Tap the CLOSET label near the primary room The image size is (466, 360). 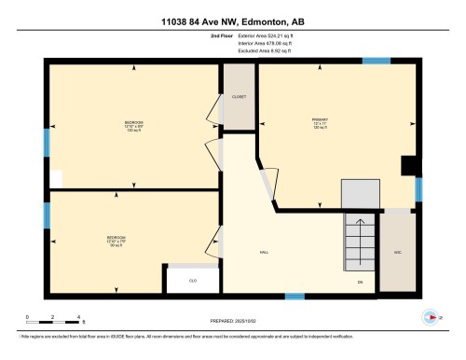238,96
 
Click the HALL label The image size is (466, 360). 264,253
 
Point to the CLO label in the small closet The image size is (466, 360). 194,280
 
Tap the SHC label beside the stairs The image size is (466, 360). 397,253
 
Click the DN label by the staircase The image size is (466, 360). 360,281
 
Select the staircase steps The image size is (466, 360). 359,240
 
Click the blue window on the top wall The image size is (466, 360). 377,62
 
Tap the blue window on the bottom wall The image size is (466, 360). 295,297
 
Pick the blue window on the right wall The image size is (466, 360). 418,189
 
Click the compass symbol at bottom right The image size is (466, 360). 432,318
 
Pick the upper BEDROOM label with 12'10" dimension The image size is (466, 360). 134,126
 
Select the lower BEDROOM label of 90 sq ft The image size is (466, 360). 116,240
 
